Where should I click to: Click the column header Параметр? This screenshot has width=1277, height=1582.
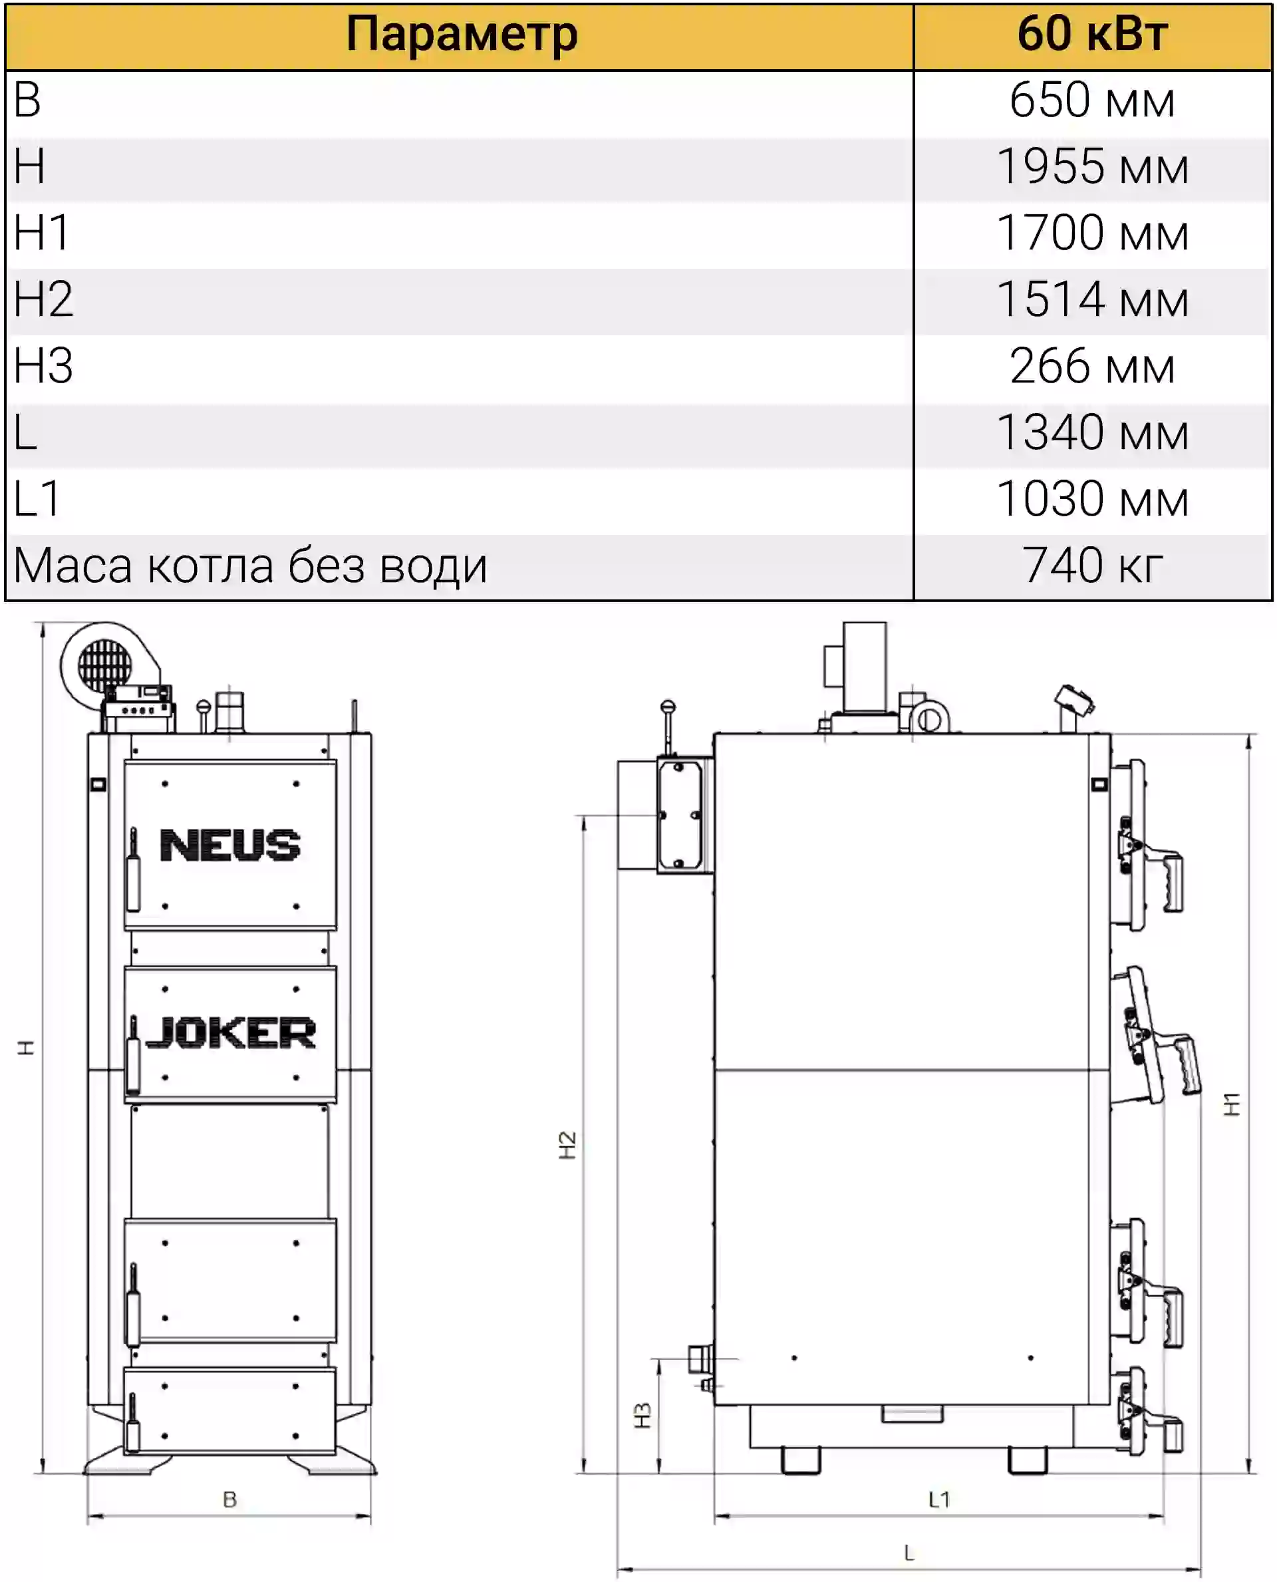click(x=462, y=35)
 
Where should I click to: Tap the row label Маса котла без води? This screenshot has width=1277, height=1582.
click(x=250, y=567)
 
